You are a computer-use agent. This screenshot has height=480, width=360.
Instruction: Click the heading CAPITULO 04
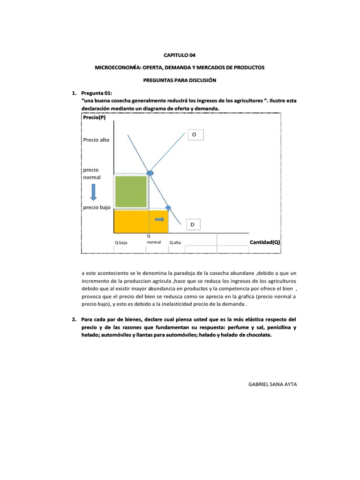point(180,55)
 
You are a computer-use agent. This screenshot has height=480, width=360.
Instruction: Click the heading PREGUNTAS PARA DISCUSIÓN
point(180,81)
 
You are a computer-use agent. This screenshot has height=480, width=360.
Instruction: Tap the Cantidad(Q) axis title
point(264,242)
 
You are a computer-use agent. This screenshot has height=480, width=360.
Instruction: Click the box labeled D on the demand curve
point(193,225)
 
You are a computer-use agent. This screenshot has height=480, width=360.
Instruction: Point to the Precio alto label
point(96,140)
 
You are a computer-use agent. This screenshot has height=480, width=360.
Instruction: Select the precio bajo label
point(97,207)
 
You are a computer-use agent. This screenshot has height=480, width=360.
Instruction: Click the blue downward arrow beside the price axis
point(94,192)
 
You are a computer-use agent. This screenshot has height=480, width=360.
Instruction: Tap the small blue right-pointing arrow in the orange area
point(160,219)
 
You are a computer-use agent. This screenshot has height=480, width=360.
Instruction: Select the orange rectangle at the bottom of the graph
point(141,222)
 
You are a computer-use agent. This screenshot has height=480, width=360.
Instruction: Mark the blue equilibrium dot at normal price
point(150,173)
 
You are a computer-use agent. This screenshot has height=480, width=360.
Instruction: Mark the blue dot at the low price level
point(168,208)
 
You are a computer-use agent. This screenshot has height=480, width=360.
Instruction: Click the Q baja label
point(121,243)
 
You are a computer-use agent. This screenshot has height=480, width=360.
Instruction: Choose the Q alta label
point(175,243)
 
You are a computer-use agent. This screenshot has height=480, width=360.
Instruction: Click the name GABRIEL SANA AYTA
point(272,384)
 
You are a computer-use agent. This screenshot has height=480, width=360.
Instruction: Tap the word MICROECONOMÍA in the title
point(116,67)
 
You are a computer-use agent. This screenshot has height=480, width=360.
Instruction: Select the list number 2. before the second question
point(75,319)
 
